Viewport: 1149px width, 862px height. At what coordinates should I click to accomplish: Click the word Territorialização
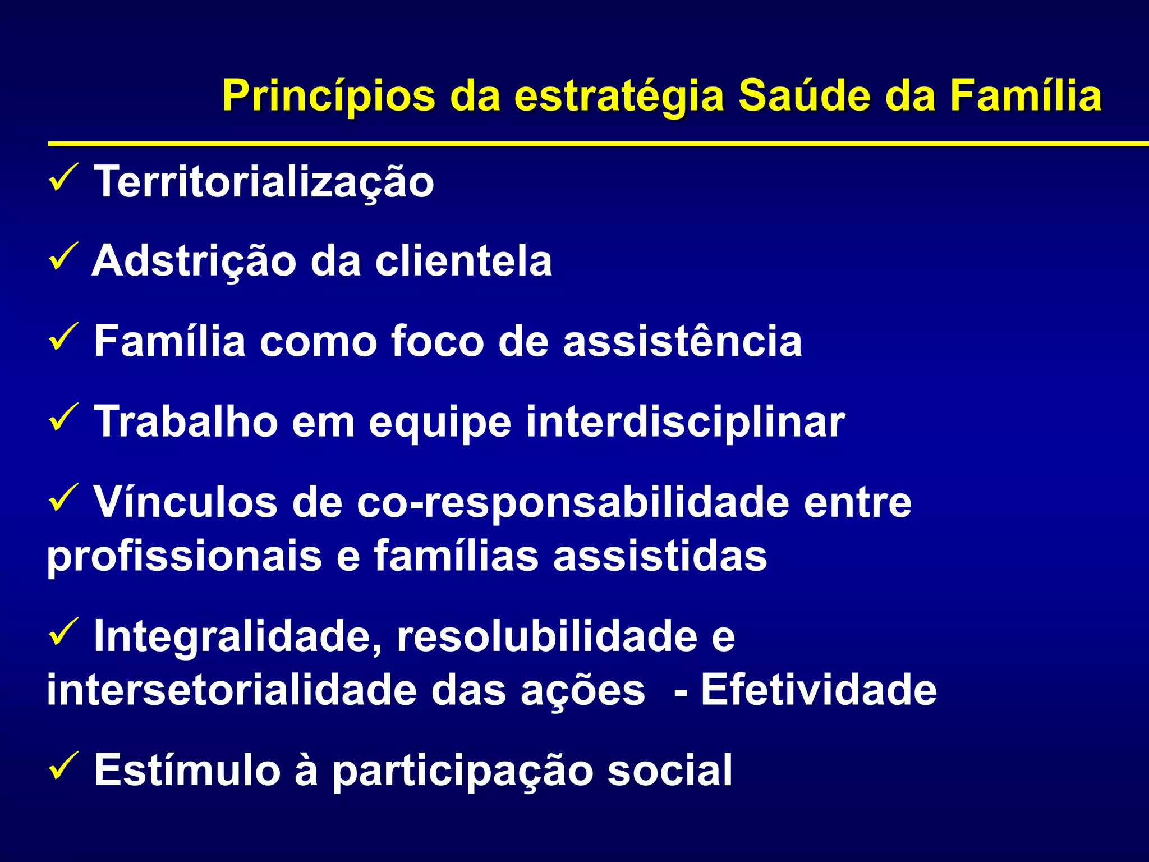point(264,182)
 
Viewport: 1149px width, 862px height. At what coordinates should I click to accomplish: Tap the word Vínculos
point(185,502)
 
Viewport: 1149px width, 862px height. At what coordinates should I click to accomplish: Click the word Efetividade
point(819,690)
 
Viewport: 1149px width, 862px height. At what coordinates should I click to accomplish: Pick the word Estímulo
point(187,770)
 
